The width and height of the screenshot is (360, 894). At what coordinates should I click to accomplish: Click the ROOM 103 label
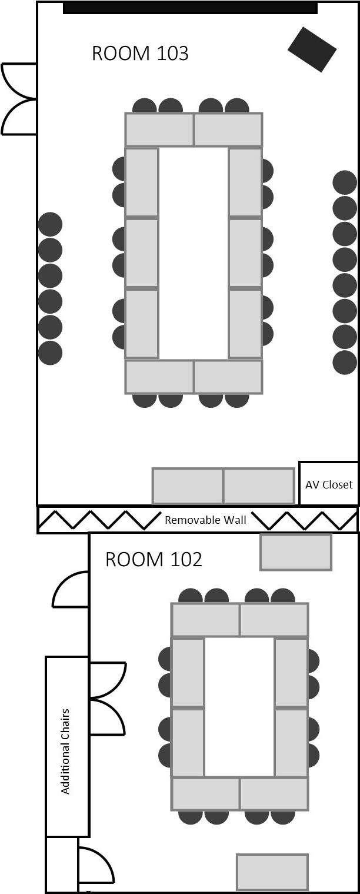pyautogui.click(x=140, y=54)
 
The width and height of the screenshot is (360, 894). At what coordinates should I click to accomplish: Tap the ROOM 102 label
pyautogui.click(x=154, y=560)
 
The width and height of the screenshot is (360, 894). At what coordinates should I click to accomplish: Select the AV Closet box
pyautogui.click(x=328, y=483)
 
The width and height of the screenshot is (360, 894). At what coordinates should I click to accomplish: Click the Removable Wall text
pyautogui.click(x=205, y=520)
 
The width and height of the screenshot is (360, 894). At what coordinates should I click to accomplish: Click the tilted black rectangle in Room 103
pyautogui.click(x=312, y=49)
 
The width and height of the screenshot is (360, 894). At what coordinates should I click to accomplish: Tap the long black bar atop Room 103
pyautogui.click(x=191, y=8)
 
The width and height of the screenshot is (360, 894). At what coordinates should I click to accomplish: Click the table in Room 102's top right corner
pyautogui.click(x=296, y=553)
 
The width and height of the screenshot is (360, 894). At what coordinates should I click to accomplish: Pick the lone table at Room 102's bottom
pyautogui.click(x=272, y=871)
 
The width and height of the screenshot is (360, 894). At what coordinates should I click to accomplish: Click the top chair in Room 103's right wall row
pyautogui.click(x=345, y=182)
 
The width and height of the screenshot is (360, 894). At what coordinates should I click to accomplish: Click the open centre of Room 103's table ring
pyautogui.click(x=194, y=253)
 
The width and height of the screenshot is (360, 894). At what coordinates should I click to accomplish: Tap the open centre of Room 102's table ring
pyautogui.click(x=239, y=707)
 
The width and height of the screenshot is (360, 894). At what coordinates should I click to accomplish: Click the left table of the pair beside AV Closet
pyautogui.click(x=188, y=486)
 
